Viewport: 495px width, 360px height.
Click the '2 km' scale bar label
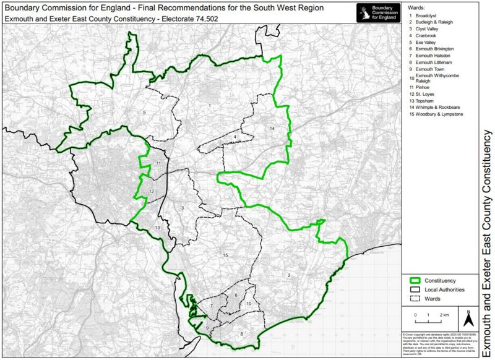coord(444,315)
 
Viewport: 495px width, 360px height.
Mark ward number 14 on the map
coord(271,127)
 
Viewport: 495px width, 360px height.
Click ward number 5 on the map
coord(144,113)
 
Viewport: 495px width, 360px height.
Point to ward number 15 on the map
coord(226,255)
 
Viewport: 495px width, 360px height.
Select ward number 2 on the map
coord(288,274)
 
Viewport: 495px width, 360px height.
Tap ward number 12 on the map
coord(151,192)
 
